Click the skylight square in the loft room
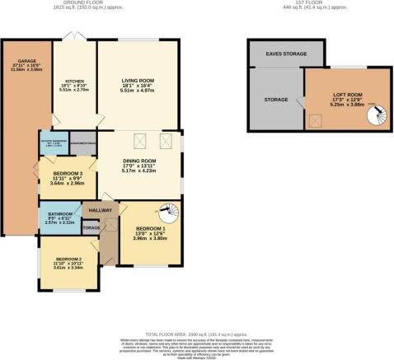(x=314, y=120)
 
